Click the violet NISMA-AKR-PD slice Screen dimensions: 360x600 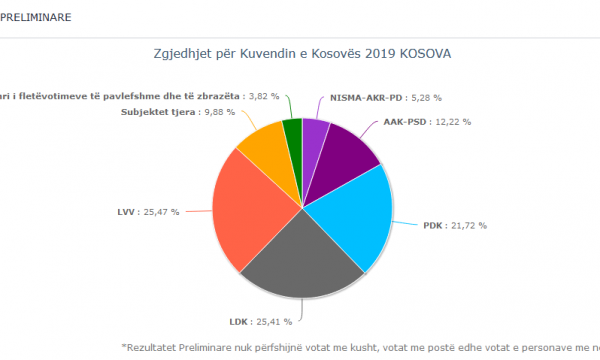(x=313, y=135)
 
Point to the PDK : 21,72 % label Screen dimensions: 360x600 (x=455, y=226)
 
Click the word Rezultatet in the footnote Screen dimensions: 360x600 (x=155, y=347)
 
